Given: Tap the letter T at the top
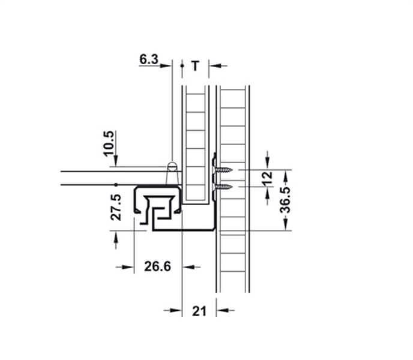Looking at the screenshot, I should click(195, 66).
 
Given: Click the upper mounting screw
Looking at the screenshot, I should click(223, 171).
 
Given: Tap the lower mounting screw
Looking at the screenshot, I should click(223, 187).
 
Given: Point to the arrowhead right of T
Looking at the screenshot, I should click(213, 66).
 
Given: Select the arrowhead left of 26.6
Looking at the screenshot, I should click(128, 266).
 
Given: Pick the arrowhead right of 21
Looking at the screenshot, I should click(222, 310).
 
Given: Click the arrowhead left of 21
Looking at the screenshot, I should click(177, 310).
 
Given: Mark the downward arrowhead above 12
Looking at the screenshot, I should click(268, 166).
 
